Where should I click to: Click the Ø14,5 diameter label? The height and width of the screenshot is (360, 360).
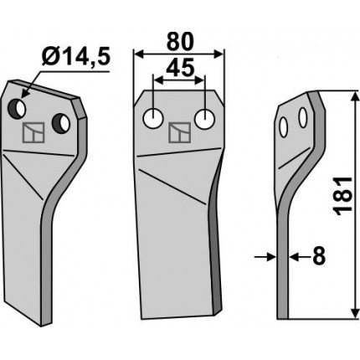(76, 57)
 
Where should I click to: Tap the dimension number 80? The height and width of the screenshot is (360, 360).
(180, 42)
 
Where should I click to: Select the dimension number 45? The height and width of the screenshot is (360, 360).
(180, 68)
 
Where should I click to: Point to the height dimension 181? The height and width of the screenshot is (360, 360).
(344, 196)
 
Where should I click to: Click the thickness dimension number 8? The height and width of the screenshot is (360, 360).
(319, 256)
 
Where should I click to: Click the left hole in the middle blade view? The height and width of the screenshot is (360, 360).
(152, 118)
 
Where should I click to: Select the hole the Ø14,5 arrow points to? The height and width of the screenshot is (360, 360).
(17, 108)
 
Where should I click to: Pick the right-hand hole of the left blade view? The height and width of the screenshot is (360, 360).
(61, 123)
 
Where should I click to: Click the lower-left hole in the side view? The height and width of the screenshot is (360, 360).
(284, 127)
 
